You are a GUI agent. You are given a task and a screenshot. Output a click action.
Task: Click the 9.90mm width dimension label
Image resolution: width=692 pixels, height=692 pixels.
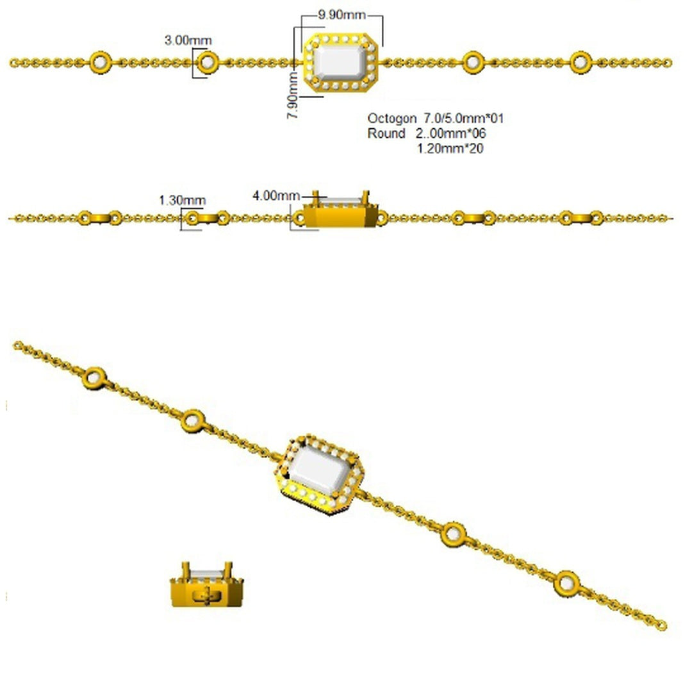(342, 15)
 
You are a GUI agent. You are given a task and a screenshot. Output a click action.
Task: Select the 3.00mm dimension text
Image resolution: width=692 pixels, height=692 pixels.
(188, 40)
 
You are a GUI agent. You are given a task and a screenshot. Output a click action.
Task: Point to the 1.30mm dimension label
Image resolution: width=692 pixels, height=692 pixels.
(182, 201)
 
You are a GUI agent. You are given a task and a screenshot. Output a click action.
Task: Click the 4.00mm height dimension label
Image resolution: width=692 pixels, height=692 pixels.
(276, 195)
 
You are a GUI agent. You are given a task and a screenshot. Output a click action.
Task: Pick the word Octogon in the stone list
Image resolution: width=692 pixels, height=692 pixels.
(392, 119)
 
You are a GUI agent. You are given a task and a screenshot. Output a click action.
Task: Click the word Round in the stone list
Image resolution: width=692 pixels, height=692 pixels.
(386, 133)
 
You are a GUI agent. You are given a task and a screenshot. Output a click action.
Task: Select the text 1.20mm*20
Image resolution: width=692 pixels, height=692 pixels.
(450, 148)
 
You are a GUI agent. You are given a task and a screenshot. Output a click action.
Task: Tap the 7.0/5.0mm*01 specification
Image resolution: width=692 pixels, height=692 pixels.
(464, 119)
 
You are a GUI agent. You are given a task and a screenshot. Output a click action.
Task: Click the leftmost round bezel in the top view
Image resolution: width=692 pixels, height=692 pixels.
(101, 63)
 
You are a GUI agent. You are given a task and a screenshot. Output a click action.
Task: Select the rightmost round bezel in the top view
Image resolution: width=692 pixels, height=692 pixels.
(581, 63)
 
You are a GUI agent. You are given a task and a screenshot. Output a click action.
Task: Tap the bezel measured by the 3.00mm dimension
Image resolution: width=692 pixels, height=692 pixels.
(207, 63)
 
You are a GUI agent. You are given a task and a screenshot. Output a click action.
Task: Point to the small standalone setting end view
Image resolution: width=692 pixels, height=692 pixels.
(206, 584)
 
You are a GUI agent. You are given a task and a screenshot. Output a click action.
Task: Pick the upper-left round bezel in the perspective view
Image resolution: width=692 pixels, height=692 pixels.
(94, 378)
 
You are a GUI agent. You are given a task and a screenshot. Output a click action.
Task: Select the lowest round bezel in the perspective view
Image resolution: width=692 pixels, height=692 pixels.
(566, 584)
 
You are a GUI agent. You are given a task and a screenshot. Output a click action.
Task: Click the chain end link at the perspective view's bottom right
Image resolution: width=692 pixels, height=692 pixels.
(661, 626)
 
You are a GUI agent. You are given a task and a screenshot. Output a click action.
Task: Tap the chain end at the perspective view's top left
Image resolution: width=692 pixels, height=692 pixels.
(18, 345)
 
